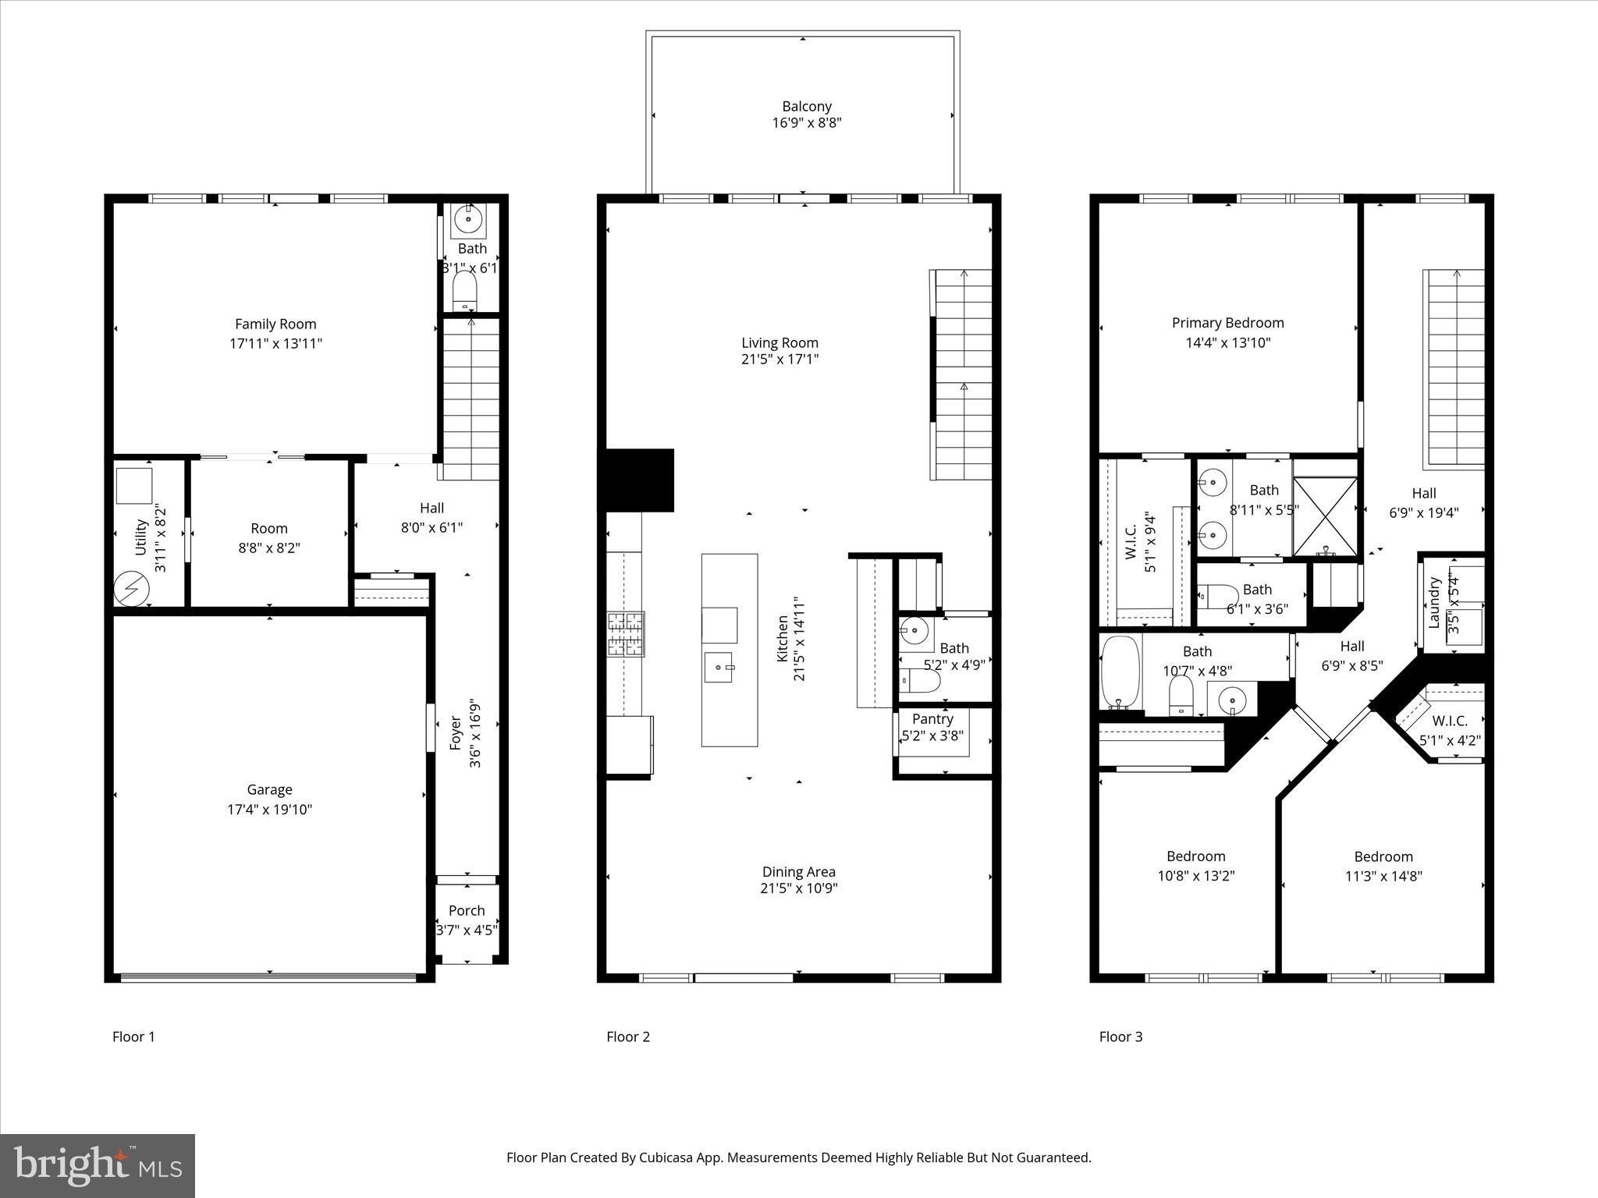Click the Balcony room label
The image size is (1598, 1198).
tap(807, 106)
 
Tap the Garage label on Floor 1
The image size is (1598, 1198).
tap(269, 789)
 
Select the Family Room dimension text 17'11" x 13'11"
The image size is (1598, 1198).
tap(275, 343)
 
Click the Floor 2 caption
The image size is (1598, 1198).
tap(628, 1037)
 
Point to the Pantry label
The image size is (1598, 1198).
tap(932, 718)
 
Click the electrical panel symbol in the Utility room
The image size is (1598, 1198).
tap(131, 589)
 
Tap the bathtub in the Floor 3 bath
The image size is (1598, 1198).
tap(1120, 672)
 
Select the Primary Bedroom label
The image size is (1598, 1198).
tap(1227, 323)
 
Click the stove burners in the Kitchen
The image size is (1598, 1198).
tap(626, 633)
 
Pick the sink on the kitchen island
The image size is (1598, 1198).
tap(719, 668)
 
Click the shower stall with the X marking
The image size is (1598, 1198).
tap(1325, 516)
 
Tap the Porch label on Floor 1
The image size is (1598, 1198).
tap(467, 910)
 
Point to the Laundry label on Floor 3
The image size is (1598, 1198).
tap(1433, 603)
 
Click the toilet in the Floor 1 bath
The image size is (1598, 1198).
tap(464, 291)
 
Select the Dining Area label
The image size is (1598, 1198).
tap(799, 872)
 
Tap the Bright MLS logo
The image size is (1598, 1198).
tap(98, 1167)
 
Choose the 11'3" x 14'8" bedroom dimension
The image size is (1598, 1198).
tap(1383, 876)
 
